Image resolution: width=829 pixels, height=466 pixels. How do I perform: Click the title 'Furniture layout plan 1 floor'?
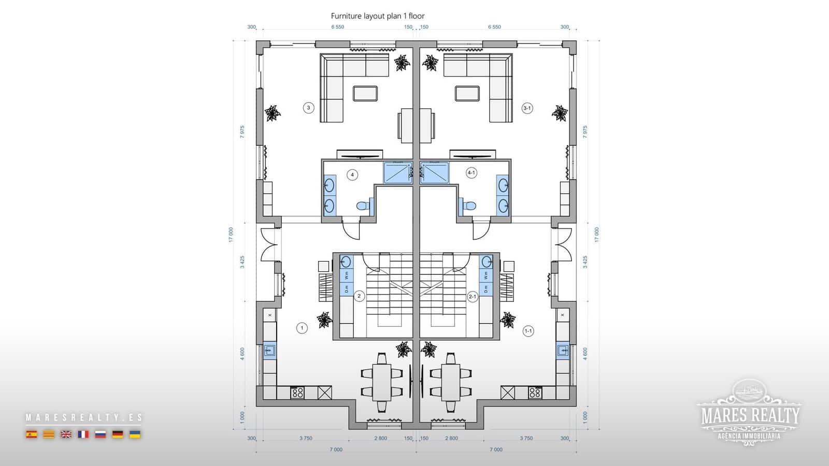pyautogui.click(x=378, y=16)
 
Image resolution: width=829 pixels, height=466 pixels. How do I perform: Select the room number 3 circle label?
pyautogui.click(x=308, y=108)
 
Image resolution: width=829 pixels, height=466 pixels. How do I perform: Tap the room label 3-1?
pyautogui.click(x=527, y=108)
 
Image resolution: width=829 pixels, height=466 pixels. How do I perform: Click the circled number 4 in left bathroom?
pyautogui.click(x=352, y=174)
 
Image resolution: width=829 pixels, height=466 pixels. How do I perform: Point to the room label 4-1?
pyautogui.click(x=471, y=172)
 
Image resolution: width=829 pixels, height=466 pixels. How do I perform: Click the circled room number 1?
pyautogui.click(x=302, y=327)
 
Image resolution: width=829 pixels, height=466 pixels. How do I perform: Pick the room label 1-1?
pyautogui.click(x=528, y=331)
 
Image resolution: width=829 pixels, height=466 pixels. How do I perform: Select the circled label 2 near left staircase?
pyautogui.click(x=359, y=296)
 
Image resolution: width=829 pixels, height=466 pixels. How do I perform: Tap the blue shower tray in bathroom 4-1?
pyautogui.click(x=434, y=173)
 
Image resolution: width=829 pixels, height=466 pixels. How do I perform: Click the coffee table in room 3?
pyautogui.click(x=365, y=94)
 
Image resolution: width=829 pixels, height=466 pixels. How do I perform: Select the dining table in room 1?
pyautogui.click(x=382, y=382)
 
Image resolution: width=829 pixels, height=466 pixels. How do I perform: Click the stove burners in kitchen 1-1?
pyautogui.click(x=535, y=392)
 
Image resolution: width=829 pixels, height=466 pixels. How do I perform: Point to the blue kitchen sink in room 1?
pyautogui.click(x=269, y=351)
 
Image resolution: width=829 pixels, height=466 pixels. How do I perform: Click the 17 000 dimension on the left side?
pyautogui.click(x=231, y=235)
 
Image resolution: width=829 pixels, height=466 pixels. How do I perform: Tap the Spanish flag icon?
pyautogui.click(x=32, y=434)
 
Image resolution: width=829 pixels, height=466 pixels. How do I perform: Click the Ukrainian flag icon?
pyautogui.click(x=135, y=434)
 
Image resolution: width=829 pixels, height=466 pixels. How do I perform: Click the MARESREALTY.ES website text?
pyautogui.click(x=83, y=417)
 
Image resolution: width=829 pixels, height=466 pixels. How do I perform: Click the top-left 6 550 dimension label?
pyautogui.click(x=337, y=27)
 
